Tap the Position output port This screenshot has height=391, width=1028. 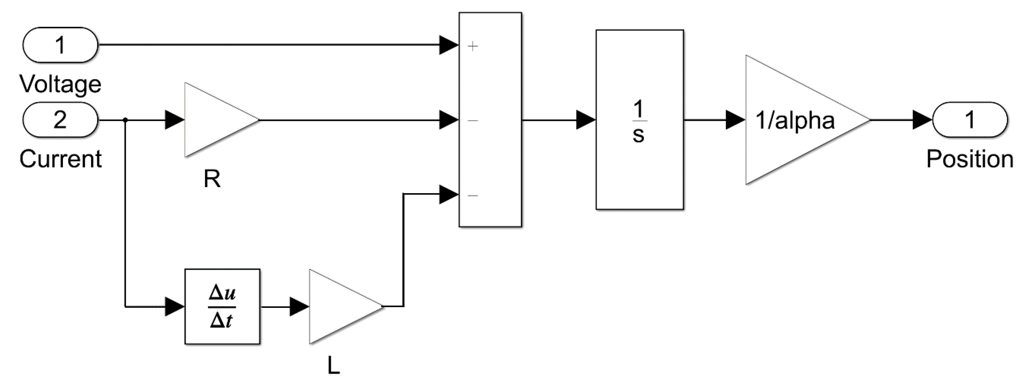point(970,120)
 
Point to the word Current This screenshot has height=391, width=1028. point(60,159)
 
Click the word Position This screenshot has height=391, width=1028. point(970,159)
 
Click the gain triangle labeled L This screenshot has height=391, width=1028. point(337,306)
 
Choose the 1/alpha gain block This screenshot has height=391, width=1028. point(794,120)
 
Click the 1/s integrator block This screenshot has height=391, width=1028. point(639,120)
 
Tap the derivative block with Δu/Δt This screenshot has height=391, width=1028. point(222,306)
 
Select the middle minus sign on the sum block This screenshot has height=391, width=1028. point(473,120)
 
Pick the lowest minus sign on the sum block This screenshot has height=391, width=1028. point(473,195)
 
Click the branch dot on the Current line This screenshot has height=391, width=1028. point(125,120)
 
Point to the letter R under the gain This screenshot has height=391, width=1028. point(212,179)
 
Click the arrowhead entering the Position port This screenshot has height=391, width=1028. point(922,120)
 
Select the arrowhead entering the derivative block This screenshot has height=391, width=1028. point(175,306)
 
